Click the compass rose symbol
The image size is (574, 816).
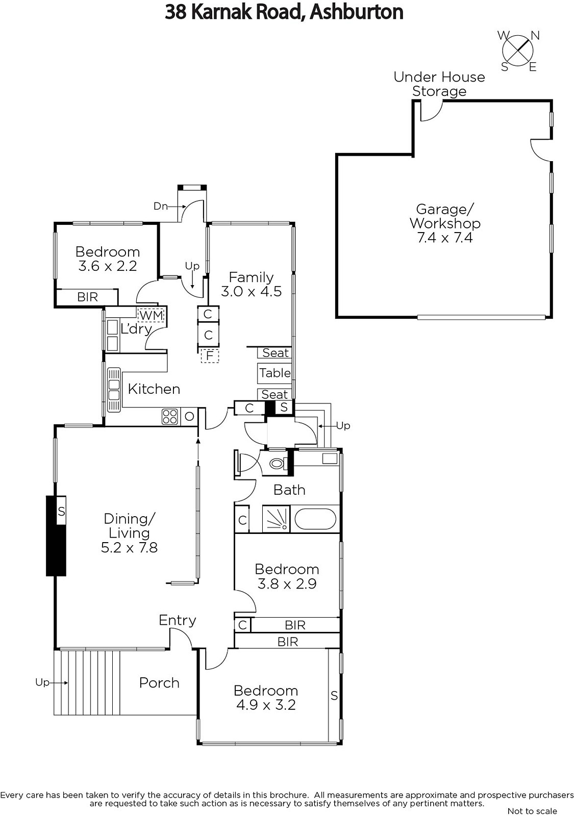click(x=518, y=51)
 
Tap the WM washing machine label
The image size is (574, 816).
click(x=151, y=315)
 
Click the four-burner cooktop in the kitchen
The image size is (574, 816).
click(x=169, y=416)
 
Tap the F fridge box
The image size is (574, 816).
click(x=210, y=355)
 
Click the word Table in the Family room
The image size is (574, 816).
click(x=275, y=373)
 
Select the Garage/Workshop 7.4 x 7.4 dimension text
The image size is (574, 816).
click(x=445, y=238)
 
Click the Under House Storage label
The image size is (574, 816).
click(x=439, y=84)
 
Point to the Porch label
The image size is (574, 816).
click(x=159, y=683)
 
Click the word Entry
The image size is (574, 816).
click(x=178, y=620)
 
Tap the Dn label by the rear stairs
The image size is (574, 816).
click(x=160, y=206)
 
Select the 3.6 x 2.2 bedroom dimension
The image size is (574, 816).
click(x=108, y=266)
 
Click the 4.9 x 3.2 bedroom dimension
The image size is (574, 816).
click(x=266, y=704)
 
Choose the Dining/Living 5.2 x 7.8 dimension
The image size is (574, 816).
click(x=129, y=548)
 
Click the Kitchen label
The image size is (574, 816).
click(x=154, y=389)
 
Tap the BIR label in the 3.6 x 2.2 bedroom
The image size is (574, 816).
click(x=87, y=297)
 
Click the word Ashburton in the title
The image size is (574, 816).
click(x=357, y=12)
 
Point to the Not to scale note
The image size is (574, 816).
click(x=532, y=811)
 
